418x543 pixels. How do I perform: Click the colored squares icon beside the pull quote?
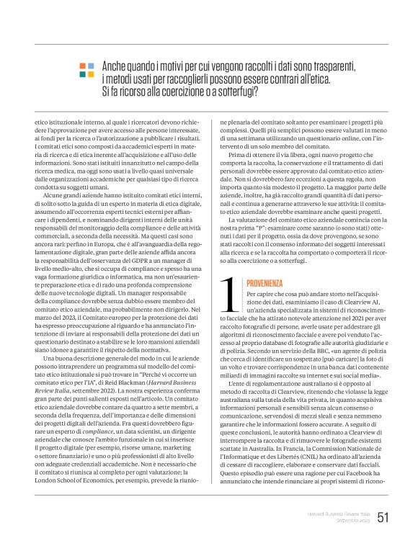pos(86,70)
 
